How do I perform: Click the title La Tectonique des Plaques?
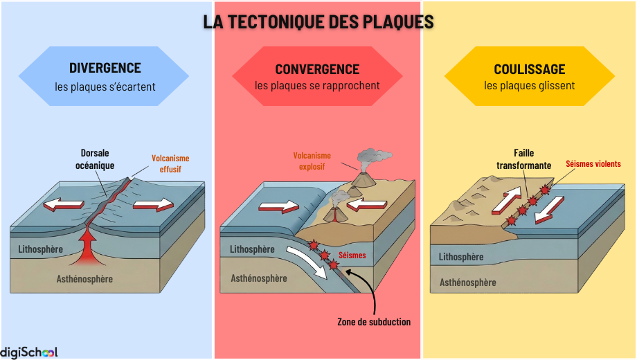tap(318, 21)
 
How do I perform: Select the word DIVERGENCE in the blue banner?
tap(105, 68)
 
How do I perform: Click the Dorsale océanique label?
tap(95, 159)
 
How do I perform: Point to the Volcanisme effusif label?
tap(170, 163)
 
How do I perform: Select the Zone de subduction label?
tap(374, 321)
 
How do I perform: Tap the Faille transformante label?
tap(523, 159)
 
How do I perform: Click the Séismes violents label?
tap(593, 164)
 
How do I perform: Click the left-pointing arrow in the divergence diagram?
tap(63, 205)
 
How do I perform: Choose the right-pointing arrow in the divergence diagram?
tap(153, 204)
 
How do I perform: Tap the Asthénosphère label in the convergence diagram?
tap(258, 278)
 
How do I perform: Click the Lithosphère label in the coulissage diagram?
tap(461, 257)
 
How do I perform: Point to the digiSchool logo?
tap(29, 352)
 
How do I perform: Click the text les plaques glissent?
tap(529, 86)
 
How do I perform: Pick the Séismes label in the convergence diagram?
tap(352, 255)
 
